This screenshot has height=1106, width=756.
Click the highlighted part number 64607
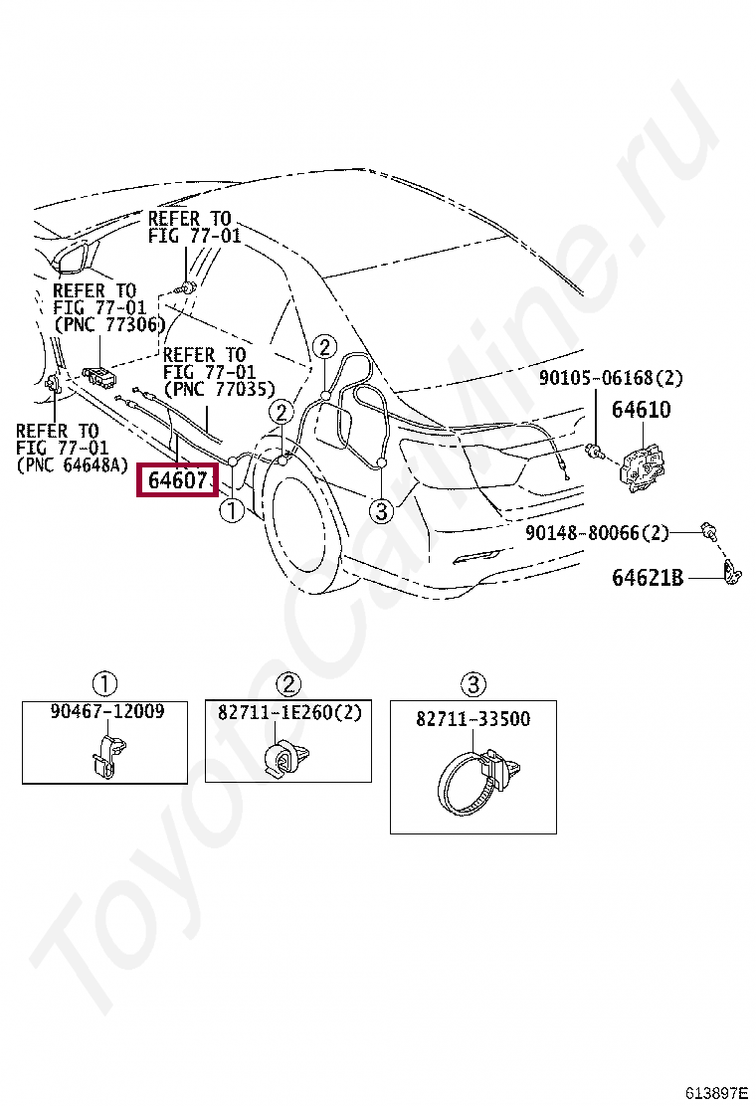tap(178, 481)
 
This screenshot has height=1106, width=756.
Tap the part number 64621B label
tap(647, 577)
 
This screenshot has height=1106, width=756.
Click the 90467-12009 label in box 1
tap(106, 712)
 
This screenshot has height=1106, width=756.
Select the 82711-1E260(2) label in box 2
tap(288, 712)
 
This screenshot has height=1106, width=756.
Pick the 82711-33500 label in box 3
tap(472, 719)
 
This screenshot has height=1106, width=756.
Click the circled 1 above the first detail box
tap(105, 683)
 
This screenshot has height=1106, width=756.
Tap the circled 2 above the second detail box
tap(287, 683)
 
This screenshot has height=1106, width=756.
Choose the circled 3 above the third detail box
tap(472, 683)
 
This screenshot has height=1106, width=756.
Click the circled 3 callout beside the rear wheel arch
tap(381, 511)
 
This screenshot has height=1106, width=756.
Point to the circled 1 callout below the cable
tap(231, 511)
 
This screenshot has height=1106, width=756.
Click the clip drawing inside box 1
tap(104, 756)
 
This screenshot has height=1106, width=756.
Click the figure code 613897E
tap(715, 1092)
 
